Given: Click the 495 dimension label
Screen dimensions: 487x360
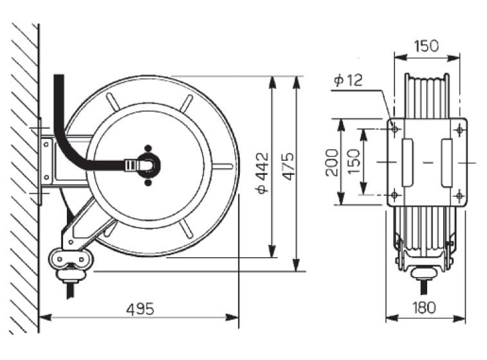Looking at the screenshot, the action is click(x=140, y=309).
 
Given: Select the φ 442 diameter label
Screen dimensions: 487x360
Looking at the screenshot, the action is click(x=262, y=173).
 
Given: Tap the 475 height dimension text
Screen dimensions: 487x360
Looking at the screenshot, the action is click(x=289, y=166).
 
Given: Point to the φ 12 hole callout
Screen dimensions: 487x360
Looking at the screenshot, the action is click(x=348, y=80).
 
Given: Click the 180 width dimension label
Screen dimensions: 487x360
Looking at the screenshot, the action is click(x=424, y=307).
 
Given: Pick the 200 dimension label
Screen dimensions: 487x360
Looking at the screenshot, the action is click(x=332, y=162).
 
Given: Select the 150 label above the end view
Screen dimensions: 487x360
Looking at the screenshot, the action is click(x=427, y=46).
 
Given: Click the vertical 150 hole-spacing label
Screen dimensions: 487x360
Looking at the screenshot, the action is click(x=354, y=162).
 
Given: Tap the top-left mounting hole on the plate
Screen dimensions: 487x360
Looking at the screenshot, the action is click(x=395, y=129).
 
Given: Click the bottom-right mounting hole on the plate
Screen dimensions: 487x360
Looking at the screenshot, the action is click(x=459, y=195).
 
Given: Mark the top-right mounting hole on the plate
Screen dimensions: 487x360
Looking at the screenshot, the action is click(x=459, y=129).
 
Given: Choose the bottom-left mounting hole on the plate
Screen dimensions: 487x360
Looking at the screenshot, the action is click(x=395, y=195).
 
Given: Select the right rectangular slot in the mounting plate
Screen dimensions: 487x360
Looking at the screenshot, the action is click(x=446, y=163).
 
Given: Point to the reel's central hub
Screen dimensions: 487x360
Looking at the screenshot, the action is click(x=149, y=165).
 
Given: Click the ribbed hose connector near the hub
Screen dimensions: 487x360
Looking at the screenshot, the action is click(x=131, y=165).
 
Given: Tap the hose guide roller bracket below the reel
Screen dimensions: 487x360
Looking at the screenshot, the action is click(x=71, y=259).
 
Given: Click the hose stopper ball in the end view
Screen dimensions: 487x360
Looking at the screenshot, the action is click(x=424, y=273).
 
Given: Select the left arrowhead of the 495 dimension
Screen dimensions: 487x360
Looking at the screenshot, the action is click(x=45, y=318).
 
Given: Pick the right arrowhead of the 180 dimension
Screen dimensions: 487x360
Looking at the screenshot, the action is click(x=459, y=318).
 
